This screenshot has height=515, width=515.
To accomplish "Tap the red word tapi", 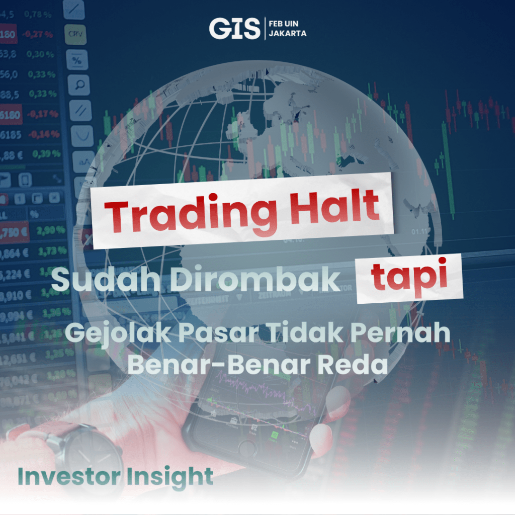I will [409, 279].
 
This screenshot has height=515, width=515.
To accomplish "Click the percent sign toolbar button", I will [77, 60].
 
